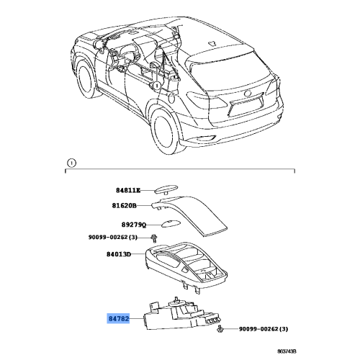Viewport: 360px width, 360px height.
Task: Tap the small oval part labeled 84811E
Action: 165,190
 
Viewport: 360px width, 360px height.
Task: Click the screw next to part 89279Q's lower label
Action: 153,238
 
